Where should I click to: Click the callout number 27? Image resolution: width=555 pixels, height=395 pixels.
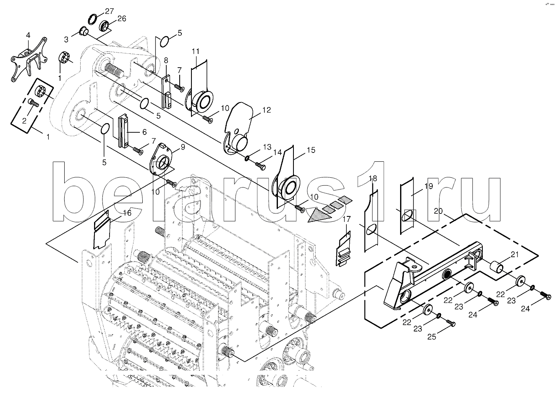point(109,11)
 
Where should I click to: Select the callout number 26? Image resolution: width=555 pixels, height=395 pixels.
point(122,18)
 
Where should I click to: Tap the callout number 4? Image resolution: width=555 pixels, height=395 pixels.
point(28,35)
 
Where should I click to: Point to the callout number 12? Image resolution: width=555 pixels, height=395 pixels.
point(267,110)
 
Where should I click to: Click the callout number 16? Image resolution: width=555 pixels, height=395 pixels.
point(127,213)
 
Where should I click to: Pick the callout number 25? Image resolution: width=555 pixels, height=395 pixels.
point(432,337)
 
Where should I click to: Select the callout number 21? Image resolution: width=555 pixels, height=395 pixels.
point(515,255)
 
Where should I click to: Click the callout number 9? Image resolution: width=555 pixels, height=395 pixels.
point(183,147)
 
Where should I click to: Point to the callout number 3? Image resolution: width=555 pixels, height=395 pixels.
point(66,39)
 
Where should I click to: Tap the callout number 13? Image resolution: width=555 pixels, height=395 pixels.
point(267,147)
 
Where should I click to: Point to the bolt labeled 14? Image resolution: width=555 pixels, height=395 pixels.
point(261,166)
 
